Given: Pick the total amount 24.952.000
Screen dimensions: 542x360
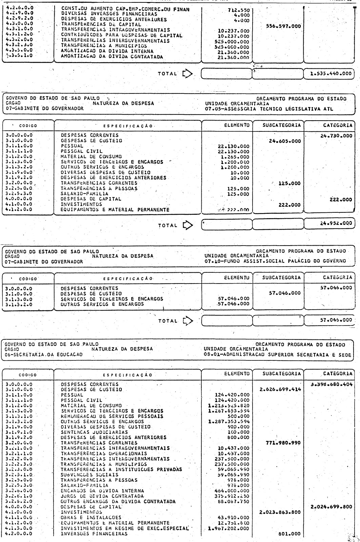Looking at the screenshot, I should coord(332,225).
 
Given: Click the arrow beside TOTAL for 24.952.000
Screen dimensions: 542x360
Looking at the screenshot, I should coord(187,225).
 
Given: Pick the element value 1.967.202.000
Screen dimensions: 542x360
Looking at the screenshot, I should coord(229,528).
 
